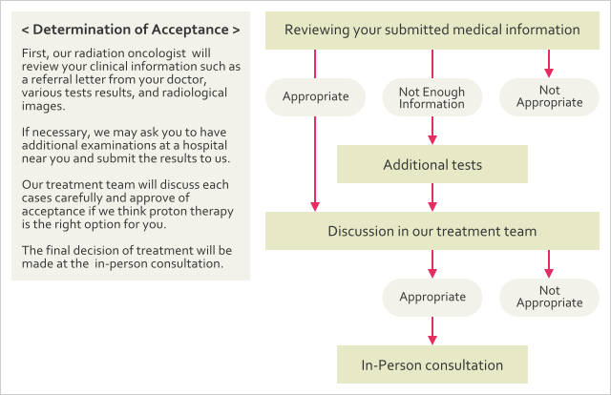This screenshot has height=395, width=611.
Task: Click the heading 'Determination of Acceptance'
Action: click(131, 30)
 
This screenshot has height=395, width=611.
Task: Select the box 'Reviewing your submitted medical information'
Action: click(432, 31)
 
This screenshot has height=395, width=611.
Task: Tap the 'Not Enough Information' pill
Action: click(432, 97)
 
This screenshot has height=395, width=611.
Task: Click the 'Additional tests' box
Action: click(432, 164)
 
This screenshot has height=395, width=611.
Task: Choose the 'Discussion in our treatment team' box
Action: click(432, 231)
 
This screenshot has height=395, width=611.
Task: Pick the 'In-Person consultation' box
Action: click(432, 364)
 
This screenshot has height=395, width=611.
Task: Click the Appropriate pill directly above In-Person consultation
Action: click(432, 298)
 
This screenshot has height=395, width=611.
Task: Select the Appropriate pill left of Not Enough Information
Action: click(315, 97)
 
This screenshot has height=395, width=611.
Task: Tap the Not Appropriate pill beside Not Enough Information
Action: click(549, 97)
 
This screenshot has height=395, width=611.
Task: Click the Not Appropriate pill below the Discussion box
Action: click(549, 298)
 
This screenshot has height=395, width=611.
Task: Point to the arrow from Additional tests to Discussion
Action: click(432, 197)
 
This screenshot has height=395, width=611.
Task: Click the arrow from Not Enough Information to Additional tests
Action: click(432, 131)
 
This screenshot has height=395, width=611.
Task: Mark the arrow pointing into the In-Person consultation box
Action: click(432, 331)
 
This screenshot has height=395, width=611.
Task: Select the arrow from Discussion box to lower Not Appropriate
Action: click(549, 264)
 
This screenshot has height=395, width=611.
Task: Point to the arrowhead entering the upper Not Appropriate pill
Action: click(549, 73)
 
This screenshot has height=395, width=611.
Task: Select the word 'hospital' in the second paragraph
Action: click(205, 145)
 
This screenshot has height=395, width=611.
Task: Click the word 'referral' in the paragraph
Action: click(52, 79)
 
